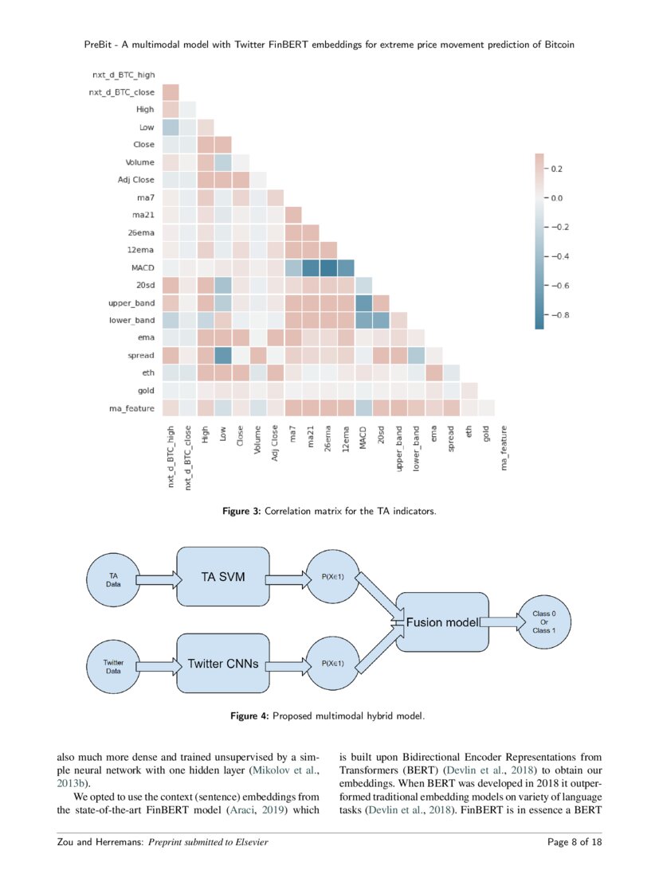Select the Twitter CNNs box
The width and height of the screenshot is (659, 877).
(x=223, y=663)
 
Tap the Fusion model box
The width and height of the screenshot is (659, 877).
(x=441, y=623)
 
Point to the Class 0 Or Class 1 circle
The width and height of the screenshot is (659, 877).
(x=538, y=623)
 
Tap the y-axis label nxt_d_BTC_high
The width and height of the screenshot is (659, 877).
(x=122, y=75)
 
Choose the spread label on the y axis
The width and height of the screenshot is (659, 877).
(x=139, y=355)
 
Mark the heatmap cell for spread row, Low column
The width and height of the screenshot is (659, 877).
(x=223, y=355)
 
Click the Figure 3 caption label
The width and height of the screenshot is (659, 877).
(x=240, y=511)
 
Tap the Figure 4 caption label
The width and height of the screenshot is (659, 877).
(x=249, y=716)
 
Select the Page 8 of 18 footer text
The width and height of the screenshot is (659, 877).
(x=575, y=842)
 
